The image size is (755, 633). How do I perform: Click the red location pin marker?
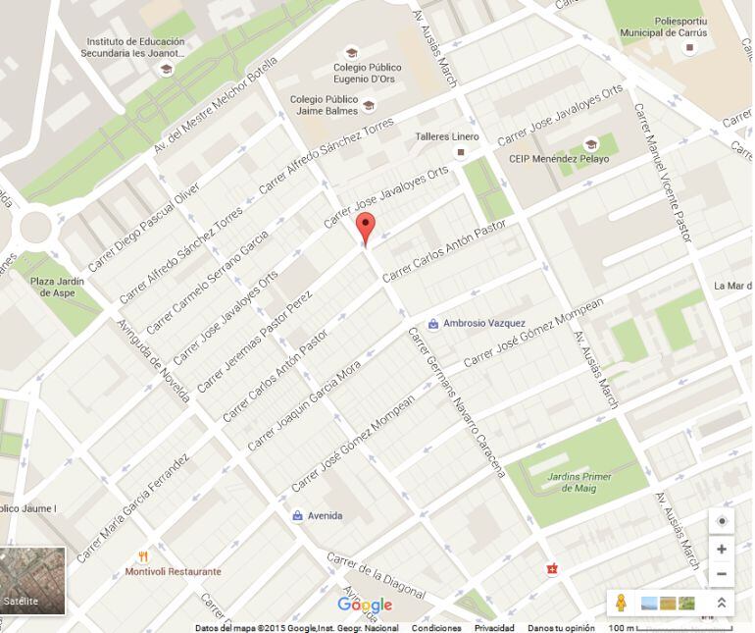(x=366, y=228)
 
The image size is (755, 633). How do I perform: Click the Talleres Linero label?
(x=446, y=136)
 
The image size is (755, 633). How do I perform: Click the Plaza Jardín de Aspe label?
(x=57, y=288)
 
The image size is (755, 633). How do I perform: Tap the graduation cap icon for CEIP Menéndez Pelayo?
(x=590, y=143)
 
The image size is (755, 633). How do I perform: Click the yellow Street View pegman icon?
(x=620, y=603)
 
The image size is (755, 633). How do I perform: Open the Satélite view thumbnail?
(x=32, y=580)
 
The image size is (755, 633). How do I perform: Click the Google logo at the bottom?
(x=365, y=605)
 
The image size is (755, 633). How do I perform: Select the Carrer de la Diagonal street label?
(x=376, y=576)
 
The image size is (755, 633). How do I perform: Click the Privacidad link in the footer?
(x=494, y=628)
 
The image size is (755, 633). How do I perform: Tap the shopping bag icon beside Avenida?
(x=297, y=515)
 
